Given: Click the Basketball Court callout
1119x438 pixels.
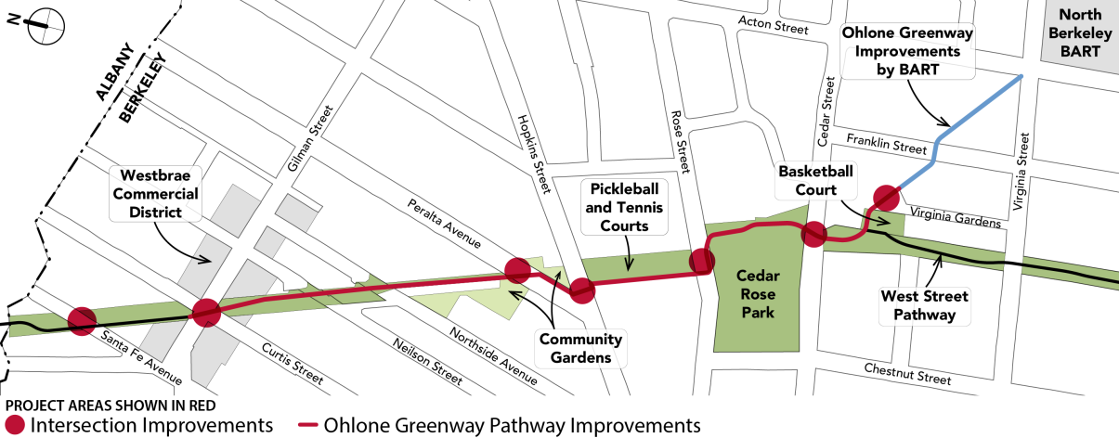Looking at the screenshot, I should [x=815, y=182].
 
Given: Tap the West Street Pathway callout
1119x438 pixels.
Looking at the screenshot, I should [x=924, y=306].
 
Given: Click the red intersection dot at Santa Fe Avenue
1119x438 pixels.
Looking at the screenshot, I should [x=82, y=321].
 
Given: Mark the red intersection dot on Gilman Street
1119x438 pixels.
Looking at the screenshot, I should [x=206, y=313].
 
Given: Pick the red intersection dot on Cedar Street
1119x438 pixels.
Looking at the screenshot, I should [x=814, y=235].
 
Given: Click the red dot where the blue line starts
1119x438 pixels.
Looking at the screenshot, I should [x=885, y=198].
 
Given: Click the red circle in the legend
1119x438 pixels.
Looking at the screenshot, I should [x=16, y=425].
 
